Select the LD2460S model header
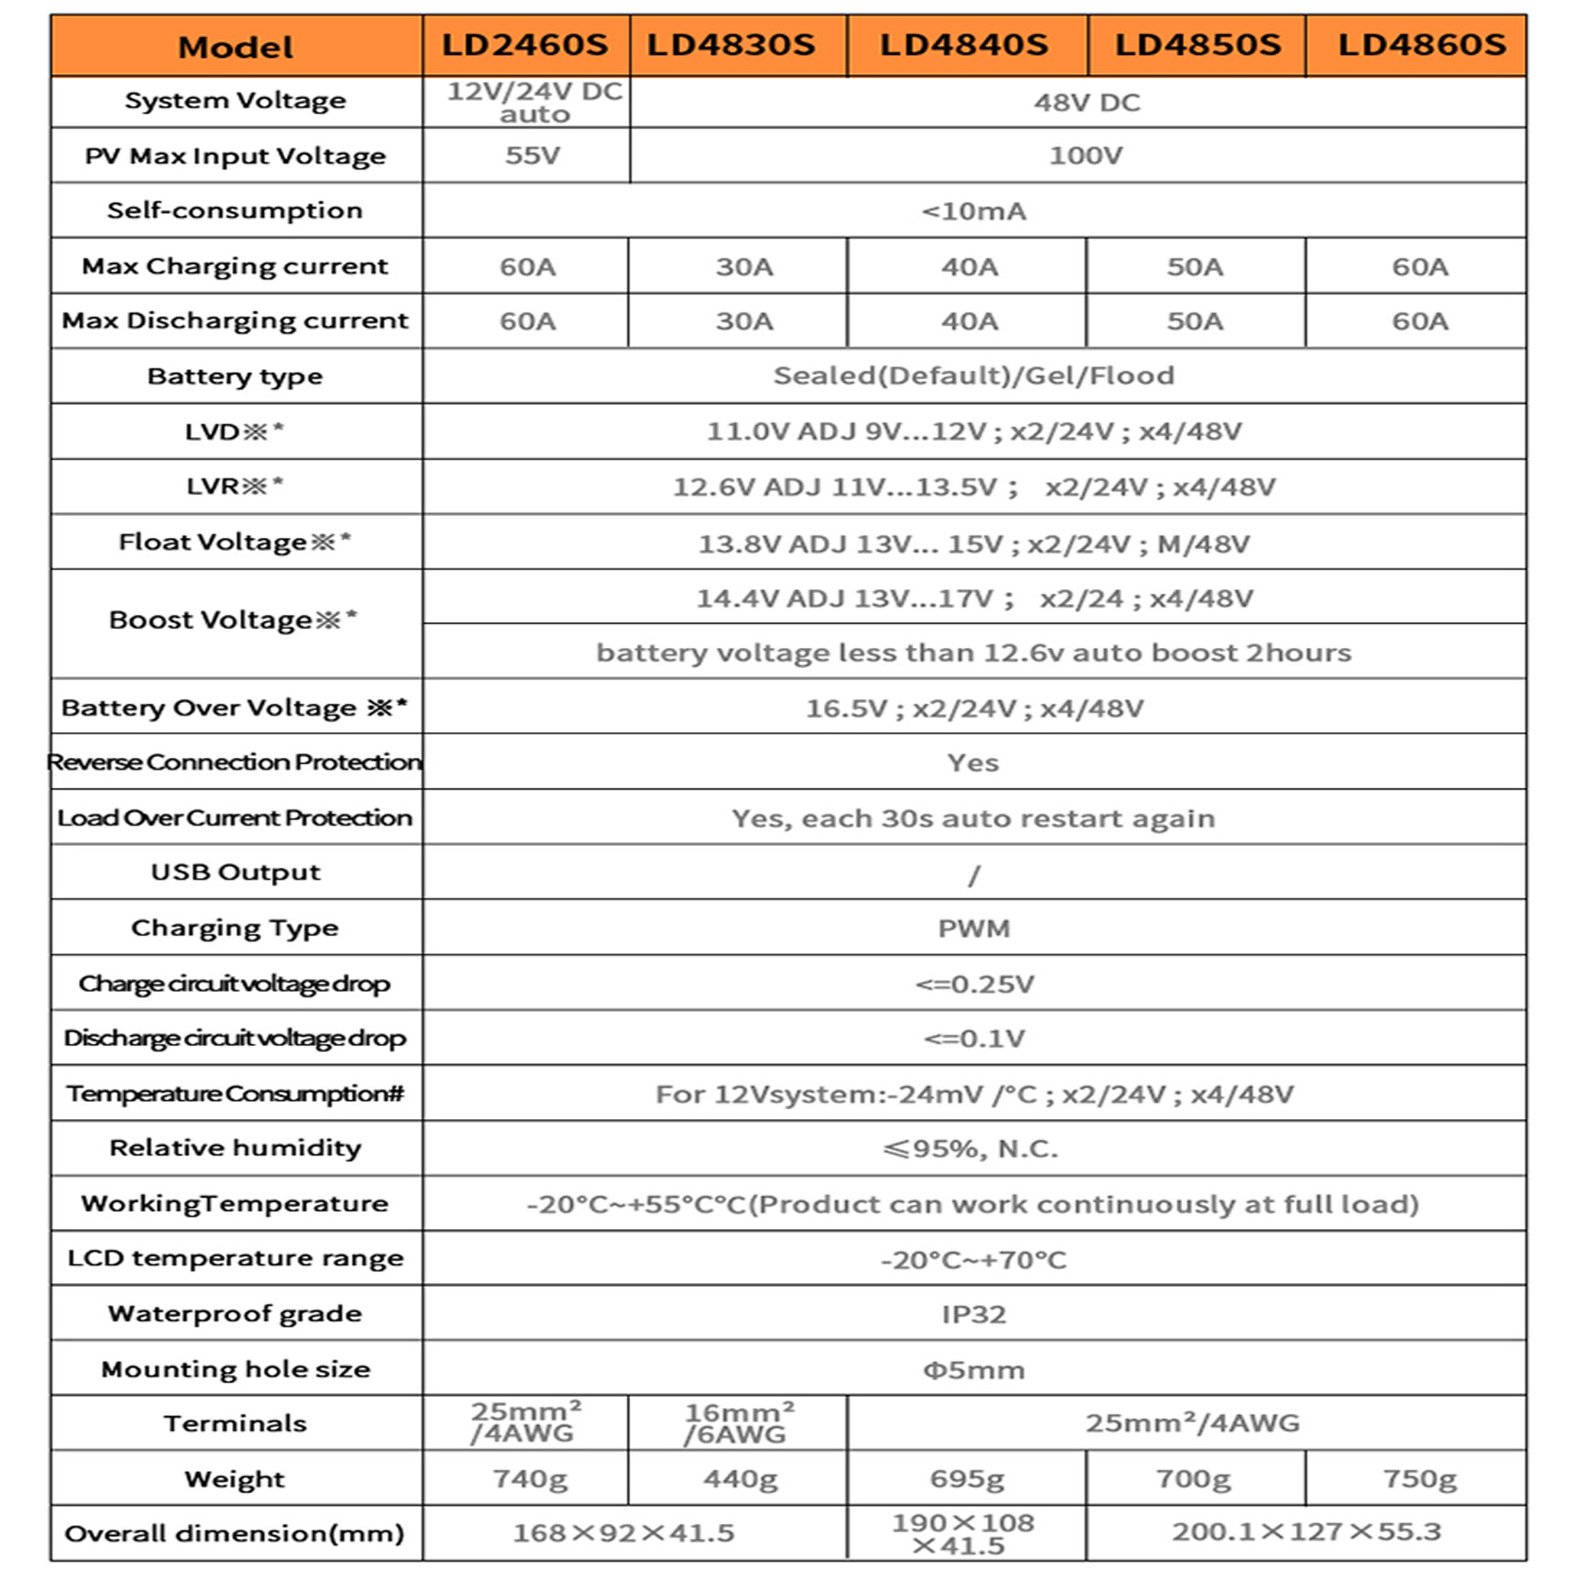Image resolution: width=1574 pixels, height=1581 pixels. [x=524, y=45]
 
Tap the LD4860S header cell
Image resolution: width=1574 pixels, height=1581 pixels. [x=1421, y=45]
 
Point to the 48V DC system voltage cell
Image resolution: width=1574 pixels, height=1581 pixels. [x=1086, y=102]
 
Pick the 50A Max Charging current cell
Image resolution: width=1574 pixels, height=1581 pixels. [x=1194, y=267]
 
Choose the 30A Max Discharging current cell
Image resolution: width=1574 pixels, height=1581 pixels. [x=743, y=321]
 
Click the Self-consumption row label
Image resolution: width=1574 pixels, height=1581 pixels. [x=235, y=210]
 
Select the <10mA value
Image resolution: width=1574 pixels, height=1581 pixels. [x=974, y=212]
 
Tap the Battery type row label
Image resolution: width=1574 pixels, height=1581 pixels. [x=235, y=376]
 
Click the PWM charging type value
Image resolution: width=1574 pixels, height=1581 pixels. [x=974, y=928]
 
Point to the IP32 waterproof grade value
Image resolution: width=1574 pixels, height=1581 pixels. [x=974, y=1314]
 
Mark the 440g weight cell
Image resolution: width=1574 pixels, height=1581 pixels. [x=740, y=1478]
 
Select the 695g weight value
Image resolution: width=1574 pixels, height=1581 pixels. [x=966, y=1478]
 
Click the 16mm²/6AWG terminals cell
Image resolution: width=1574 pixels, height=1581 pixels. [x=738, y=1423]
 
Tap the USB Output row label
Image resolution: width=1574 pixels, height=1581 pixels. [x=236, y=872]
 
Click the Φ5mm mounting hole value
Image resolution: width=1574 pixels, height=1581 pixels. [x=974, y=1370]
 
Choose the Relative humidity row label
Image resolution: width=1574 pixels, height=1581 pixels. [x=235, y=1147]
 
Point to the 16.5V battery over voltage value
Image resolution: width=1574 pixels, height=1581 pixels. [x=974, y=708]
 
